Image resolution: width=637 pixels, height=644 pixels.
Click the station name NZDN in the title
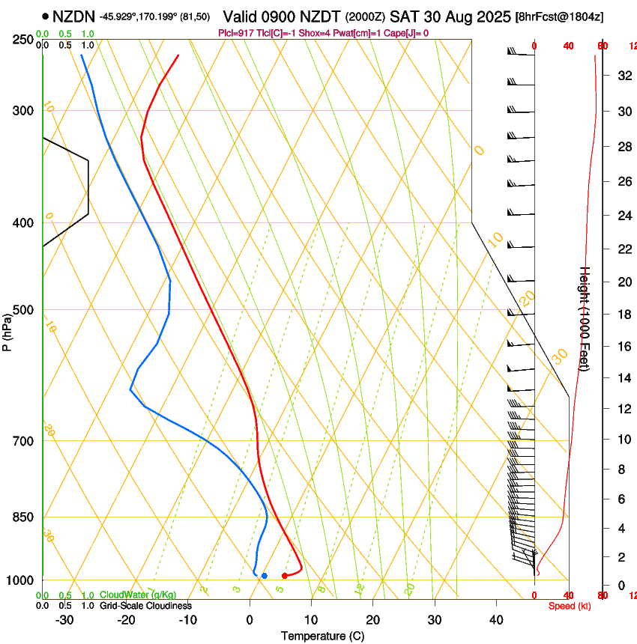tap(73, 16)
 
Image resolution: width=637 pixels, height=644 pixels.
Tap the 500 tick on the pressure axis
tap(24, 310)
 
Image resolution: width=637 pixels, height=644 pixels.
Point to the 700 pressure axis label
tap(24, 441)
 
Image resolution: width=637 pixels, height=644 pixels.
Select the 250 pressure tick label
tap(24, 40)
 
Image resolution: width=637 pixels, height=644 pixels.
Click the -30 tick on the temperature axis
tap(65, 620)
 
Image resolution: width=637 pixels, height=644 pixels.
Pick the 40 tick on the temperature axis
tap(495, 620)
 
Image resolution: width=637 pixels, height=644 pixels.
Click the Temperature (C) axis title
tap(322, 636)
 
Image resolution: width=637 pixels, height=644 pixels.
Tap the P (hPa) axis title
tap(7, 330)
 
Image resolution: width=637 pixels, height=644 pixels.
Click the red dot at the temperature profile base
tap(285, 576)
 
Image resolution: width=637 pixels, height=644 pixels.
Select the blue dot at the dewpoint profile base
tap(265, 576)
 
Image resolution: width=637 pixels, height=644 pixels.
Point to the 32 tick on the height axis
tap(624, 76)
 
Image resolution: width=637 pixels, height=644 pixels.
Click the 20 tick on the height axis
tap(624, 282)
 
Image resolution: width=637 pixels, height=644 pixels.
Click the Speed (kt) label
tap(570, 606)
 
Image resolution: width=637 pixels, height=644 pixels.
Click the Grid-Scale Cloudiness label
tap(145, 605)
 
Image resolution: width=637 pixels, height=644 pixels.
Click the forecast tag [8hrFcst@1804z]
tap(560, 16)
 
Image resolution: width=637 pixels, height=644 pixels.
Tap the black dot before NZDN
tap(46, 16)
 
